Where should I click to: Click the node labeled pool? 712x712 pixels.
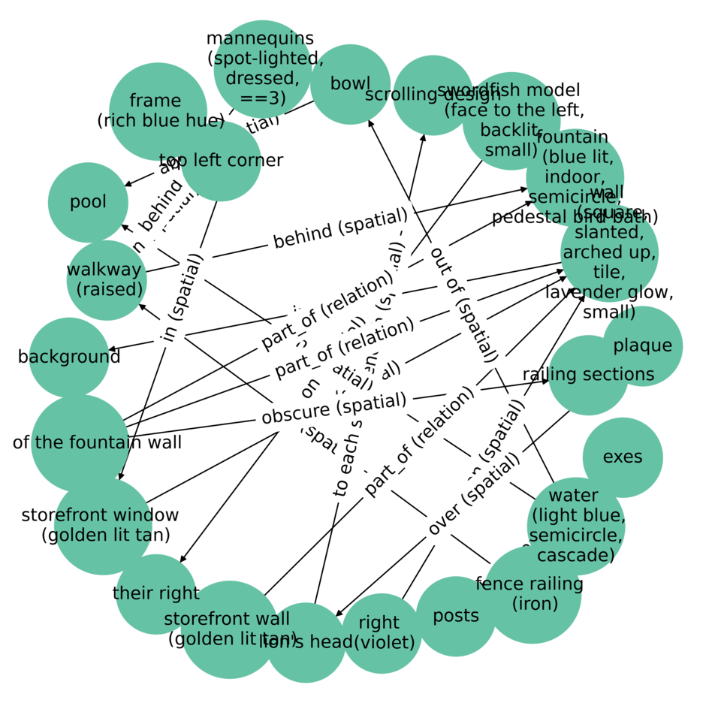(88, 202)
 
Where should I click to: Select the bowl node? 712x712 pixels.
(350, 84)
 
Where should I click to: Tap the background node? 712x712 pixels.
(69, 357)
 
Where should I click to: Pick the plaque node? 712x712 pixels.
(643, 345)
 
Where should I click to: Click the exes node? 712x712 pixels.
(623, 457)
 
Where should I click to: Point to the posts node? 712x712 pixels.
(456, 616)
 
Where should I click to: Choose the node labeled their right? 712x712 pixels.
(156, 593)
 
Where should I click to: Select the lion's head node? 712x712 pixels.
(306, 642)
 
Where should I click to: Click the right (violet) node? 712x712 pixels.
(382, 632)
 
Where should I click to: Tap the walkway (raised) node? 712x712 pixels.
(106, 279)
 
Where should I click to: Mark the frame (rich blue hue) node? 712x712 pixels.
(158, 111)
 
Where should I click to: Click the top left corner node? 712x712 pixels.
(221, 161)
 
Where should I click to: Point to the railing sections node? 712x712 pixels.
(588, 375)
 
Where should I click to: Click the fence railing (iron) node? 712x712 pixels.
(532, 594)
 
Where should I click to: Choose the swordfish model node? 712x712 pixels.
(511, 121)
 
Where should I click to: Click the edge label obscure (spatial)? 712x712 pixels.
(333, 409)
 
